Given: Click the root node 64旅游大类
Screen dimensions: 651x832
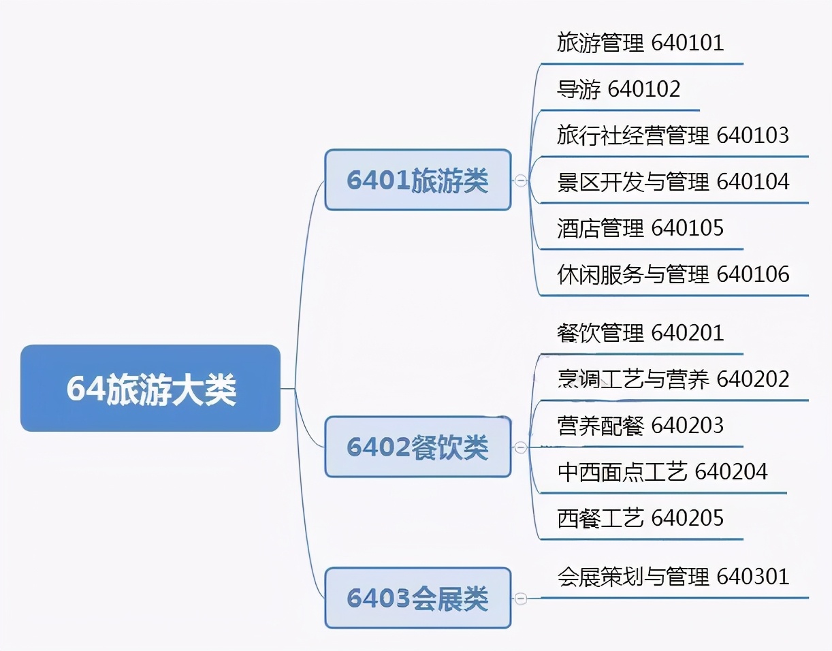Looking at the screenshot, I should pos(150,388).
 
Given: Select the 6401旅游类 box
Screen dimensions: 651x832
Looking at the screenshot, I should pos(417,180).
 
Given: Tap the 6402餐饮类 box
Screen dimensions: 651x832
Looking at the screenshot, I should pos(417,447).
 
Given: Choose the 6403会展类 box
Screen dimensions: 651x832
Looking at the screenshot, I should pos(417,598).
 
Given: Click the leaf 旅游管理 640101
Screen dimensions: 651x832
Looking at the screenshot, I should pos(640,43).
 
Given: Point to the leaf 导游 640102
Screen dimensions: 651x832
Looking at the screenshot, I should pos(618,89).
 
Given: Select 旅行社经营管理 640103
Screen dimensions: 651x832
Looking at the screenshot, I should pos(673,136).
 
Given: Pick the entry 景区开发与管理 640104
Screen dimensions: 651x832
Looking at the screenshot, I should pos(673,182).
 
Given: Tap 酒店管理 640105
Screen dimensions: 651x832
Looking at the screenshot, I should pos(640,228).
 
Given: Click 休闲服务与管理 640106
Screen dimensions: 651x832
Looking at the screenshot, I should pos(673,274).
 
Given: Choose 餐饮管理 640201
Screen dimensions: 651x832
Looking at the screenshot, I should pos(640,333).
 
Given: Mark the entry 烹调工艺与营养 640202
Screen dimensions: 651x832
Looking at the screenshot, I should pos(673,379).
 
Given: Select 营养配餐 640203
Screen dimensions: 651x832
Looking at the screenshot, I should pos(640,426).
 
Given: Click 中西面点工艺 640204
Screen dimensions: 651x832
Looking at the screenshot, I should pos(662,472).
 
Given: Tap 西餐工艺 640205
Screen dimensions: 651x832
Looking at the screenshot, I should pos(640,518).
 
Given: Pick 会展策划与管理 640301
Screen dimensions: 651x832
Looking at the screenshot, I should pos(673,577).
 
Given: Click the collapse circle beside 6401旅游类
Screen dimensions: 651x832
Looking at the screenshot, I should pos(521,180).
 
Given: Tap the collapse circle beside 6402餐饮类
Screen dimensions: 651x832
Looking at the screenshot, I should pos(521,447).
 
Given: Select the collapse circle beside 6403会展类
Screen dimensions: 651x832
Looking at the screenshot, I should pos(521,599).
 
